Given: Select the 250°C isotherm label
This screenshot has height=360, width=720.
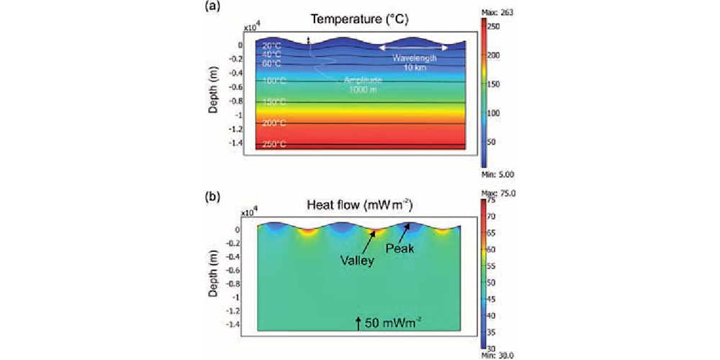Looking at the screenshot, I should tap(274, 145).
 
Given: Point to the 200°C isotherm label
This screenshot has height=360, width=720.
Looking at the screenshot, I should tap(274, 123).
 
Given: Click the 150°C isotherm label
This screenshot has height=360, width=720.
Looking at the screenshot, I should tap(274, 102).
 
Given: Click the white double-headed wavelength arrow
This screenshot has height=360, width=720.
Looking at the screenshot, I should tap(415, 48).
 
